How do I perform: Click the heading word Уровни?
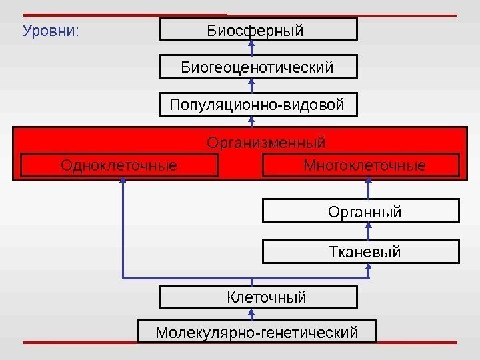51,31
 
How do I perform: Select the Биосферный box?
259,30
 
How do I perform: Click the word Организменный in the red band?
266,143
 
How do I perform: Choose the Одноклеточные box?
119,165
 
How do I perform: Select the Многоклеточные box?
362,165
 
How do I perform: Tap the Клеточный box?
259,297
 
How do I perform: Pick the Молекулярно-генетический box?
257,331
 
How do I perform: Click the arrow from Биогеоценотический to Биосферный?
252,48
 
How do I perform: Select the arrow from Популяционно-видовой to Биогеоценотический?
252,86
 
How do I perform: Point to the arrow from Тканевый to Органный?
369,231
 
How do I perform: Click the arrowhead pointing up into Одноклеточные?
123,183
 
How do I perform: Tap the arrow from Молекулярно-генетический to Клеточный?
252,314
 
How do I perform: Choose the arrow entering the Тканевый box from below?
369,269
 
